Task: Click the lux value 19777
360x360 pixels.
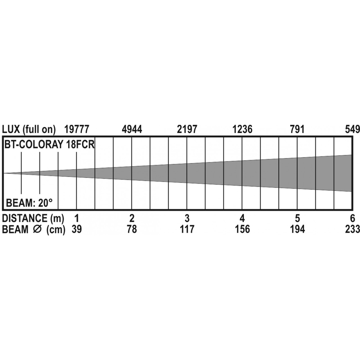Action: (76, 129)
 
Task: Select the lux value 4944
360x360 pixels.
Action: (132, 129)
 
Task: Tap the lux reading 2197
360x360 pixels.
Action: (187, 129)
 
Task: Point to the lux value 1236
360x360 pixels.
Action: (243, 129)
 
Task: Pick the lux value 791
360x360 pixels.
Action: (297, 129)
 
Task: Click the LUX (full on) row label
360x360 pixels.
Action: (29, 130)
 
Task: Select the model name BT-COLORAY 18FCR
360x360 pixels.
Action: (49, 144)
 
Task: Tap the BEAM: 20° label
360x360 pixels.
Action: (29, 203)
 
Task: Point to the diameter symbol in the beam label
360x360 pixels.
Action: (37, 229)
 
